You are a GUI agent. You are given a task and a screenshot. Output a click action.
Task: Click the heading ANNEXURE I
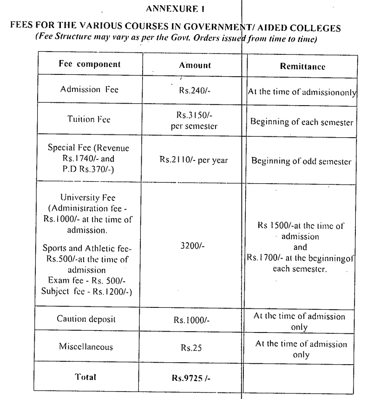(190, 8)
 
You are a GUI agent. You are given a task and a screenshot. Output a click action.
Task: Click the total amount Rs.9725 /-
(195, 378)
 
